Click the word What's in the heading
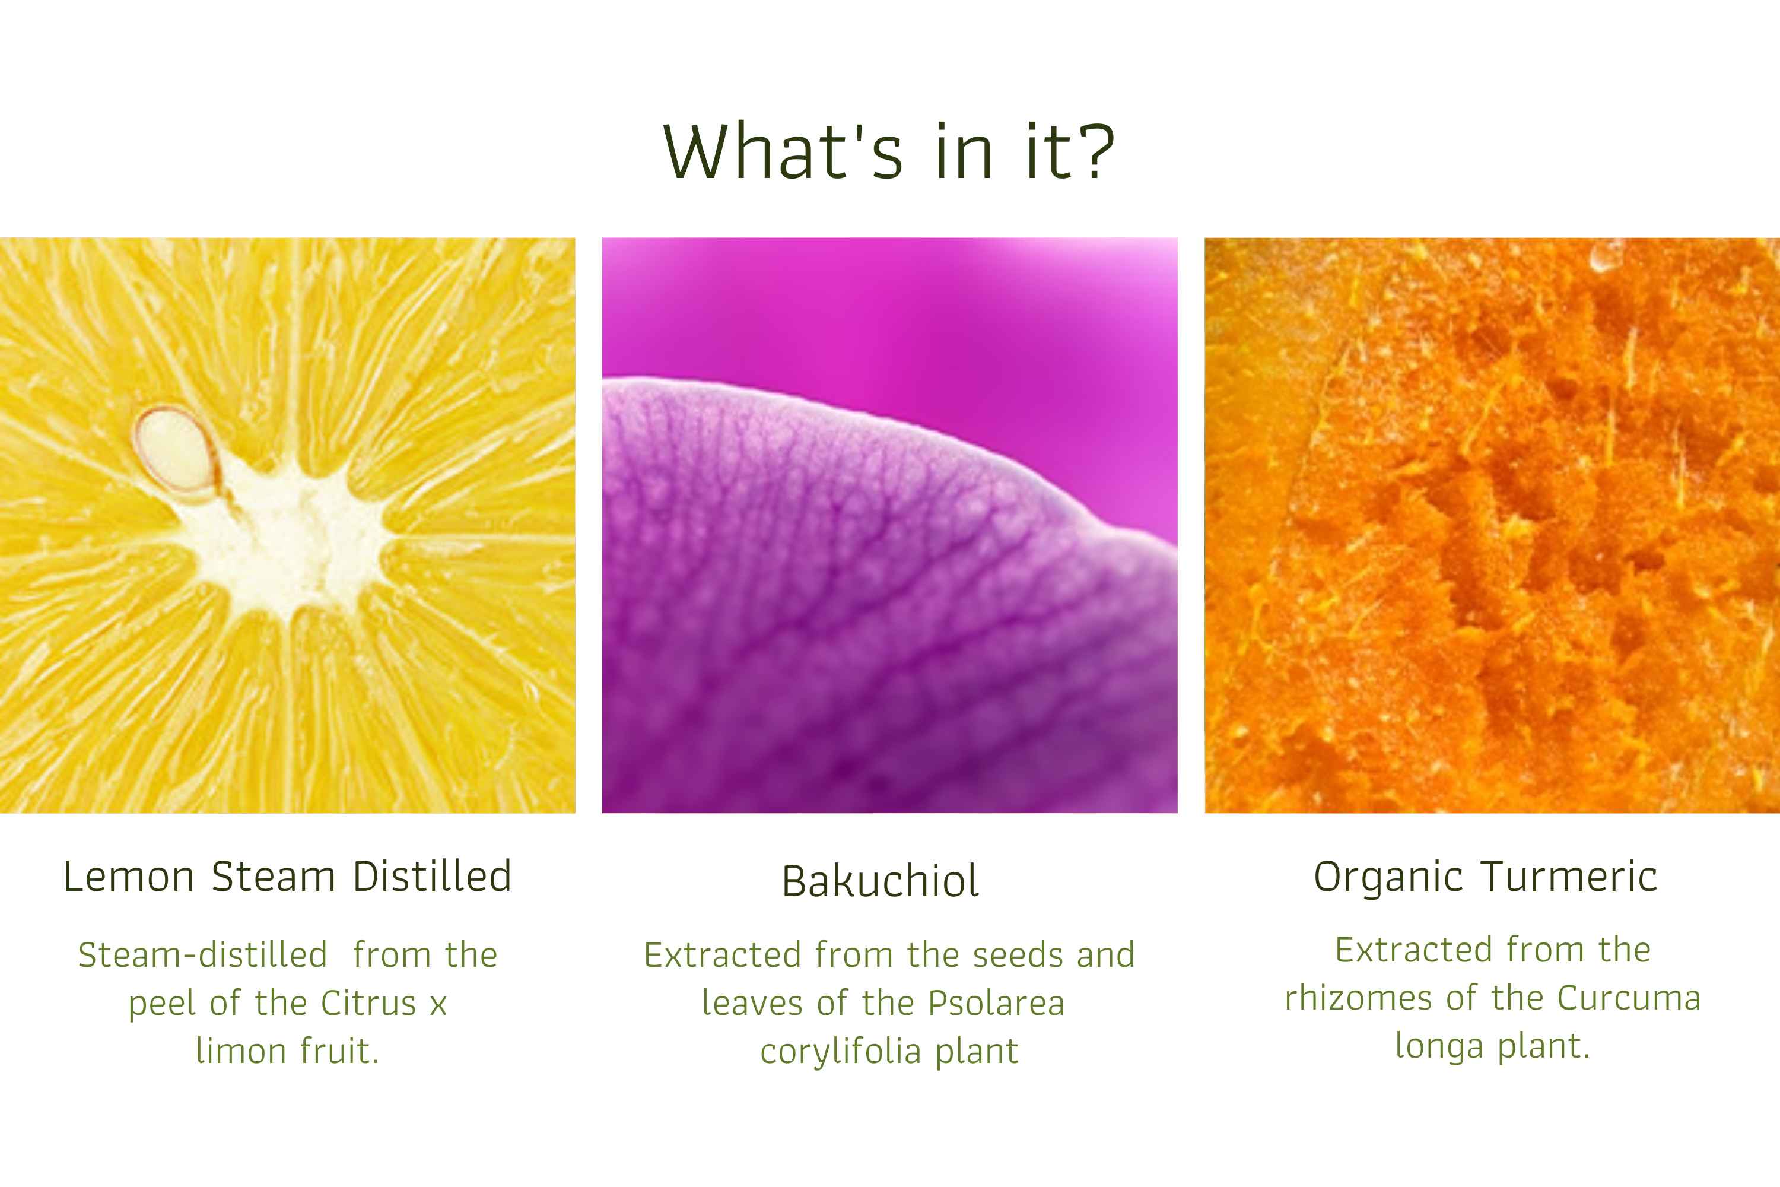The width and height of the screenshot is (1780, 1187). point(783,151)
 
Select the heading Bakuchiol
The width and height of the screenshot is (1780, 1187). point(880,880)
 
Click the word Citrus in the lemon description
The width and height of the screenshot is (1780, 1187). point(368,1003)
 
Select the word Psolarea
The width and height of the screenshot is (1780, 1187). point(996,1003)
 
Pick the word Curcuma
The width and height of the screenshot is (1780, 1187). point(1629,998)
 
